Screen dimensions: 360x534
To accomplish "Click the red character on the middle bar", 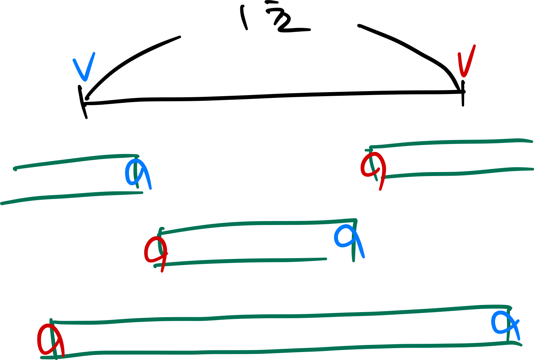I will (x=156, y=250).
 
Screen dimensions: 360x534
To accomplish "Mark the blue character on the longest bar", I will (x=504, y=322).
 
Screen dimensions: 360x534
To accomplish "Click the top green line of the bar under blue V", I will (x=72, y=161).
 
